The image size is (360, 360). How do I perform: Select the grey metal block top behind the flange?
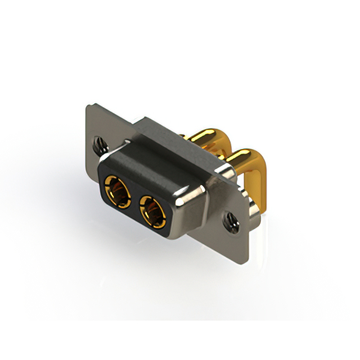169,135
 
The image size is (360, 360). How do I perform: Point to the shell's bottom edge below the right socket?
163,235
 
